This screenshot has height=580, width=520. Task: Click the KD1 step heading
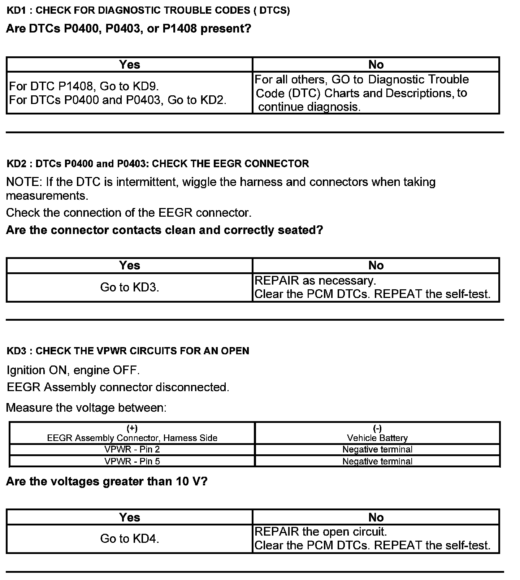148,10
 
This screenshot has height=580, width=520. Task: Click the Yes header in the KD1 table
129,65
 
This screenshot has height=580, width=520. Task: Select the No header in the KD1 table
376,65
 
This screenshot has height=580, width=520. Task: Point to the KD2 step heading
158,164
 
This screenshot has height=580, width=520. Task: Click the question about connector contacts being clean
164,230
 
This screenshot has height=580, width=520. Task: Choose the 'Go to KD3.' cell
129,287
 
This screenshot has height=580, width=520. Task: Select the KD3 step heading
128,351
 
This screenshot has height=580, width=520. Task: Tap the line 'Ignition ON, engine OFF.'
73,370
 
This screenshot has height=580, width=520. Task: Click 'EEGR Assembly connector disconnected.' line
118,387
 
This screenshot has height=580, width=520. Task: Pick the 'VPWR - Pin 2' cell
132,449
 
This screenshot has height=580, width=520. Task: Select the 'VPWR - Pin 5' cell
132,461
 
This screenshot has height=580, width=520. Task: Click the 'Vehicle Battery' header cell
377,433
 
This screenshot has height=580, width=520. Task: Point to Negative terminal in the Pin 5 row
377,461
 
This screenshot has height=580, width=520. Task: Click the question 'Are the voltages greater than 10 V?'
107,481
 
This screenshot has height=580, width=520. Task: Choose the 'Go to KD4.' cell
129,538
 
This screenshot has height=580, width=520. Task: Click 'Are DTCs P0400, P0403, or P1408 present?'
128,29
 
